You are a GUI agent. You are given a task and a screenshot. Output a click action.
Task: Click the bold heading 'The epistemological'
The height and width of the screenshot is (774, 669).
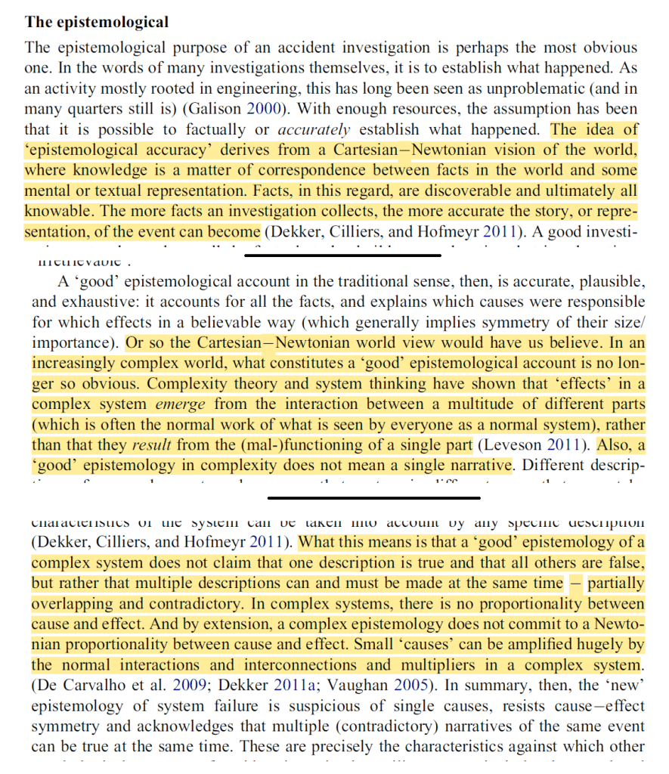point(97,22)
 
